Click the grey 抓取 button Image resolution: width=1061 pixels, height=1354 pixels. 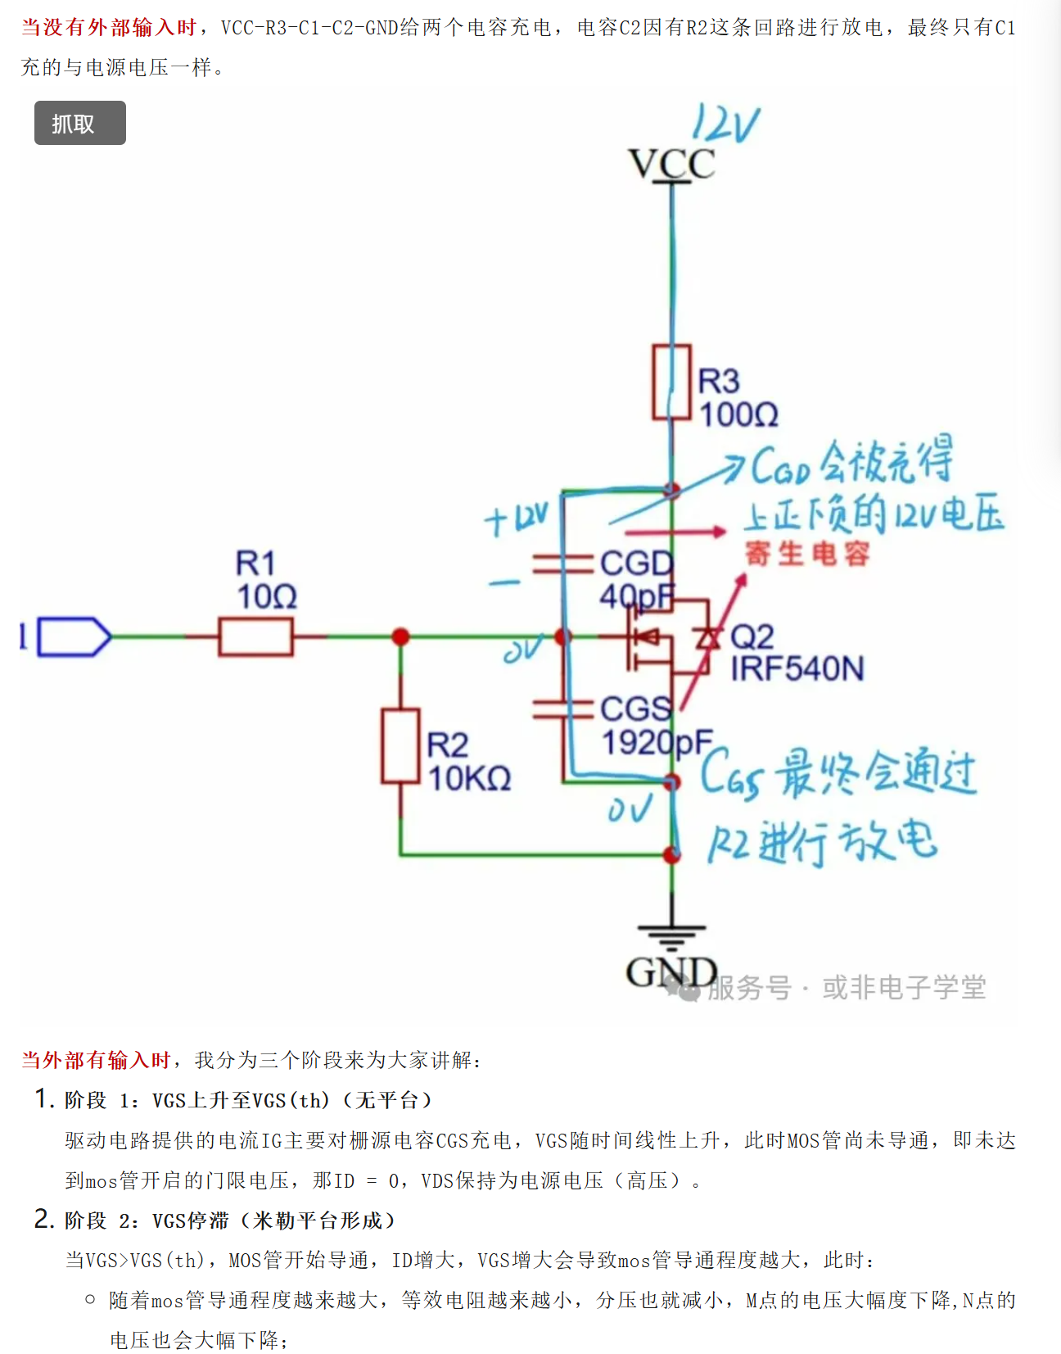tap(79, 123)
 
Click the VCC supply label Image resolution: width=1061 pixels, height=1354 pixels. tap(671, 164)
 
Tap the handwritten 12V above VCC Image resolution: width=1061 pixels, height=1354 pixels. tap(725, 125)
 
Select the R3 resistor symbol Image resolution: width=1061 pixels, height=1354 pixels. tap(671, 383)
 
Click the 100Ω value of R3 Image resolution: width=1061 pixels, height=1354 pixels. tap(738, 414)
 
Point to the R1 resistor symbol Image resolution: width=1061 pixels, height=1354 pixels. tap(255, 636)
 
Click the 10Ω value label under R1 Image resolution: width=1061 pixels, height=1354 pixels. tap(267, 596)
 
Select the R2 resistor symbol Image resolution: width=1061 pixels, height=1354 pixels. tap(400, 746)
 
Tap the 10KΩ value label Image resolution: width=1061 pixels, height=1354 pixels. tap(470, 778)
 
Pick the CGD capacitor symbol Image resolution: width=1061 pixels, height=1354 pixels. tap(562, 564)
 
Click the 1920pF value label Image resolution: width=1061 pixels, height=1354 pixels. tap(657, 743)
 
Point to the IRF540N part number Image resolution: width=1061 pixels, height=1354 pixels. tap(797, 669)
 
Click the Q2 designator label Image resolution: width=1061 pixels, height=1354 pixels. tap(752, 636)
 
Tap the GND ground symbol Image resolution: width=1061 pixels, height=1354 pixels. tap(671, 931)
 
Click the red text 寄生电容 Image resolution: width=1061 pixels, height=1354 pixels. tap(807, 554)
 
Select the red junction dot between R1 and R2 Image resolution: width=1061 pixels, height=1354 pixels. tap(400, 636)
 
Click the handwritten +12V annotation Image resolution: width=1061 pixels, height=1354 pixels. tap(516, 519)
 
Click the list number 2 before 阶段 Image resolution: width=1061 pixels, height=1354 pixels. tap(43, 1219)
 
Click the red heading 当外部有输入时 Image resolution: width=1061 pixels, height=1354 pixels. tap(96, 1060)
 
